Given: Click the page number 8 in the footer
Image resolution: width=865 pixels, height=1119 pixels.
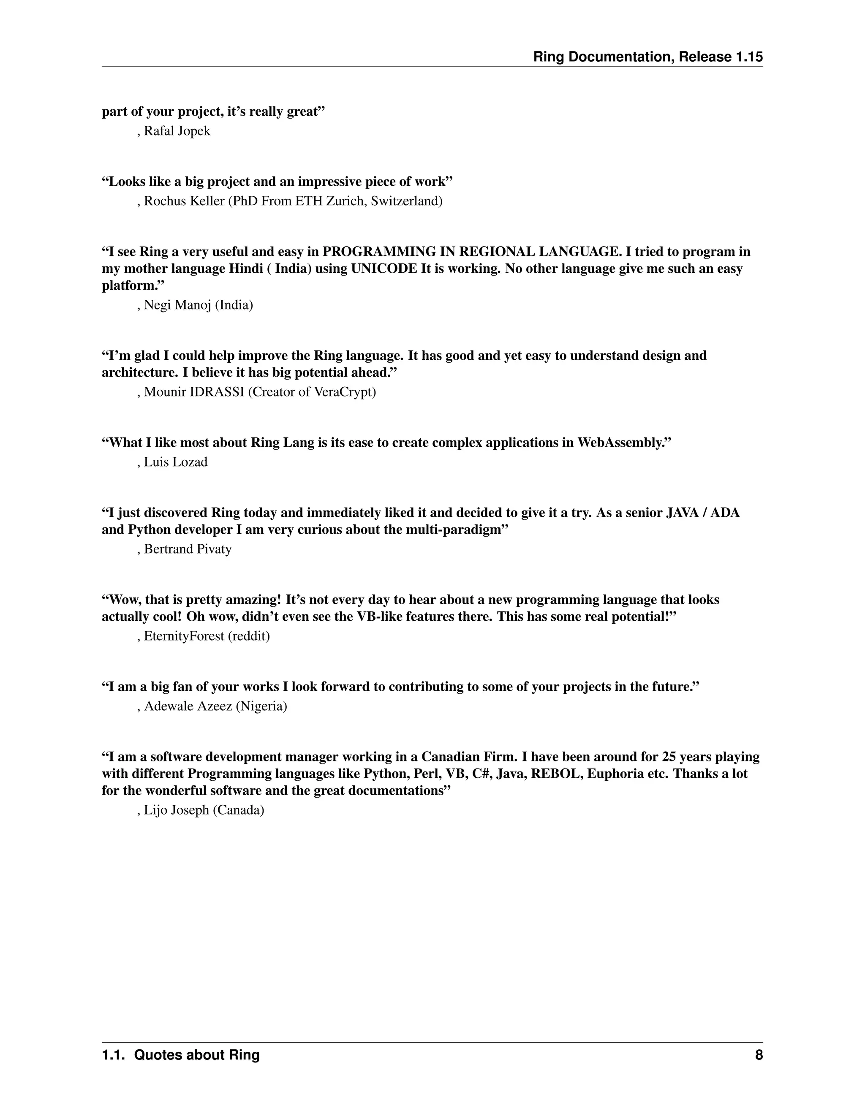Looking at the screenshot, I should point(759,1055).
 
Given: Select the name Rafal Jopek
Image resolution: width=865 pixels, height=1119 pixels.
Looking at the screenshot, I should point(177,131).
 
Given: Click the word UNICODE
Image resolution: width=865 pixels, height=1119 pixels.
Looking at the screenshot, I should point(384,269).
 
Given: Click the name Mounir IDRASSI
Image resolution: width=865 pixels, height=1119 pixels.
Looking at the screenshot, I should point(194,392).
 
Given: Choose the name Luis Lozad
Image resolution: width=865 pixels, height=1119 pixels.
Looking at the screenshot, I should point(175,462).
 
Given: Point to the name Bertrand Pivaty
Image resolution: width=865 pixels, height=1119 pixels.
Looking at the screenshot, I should point(188,549).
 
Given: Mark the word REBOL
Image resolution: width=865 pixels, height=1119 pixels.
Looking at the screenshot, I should point(555,773).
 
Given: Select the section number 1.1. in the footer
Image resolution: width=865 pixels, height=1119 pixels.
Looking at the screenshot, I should point(114,1055).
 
